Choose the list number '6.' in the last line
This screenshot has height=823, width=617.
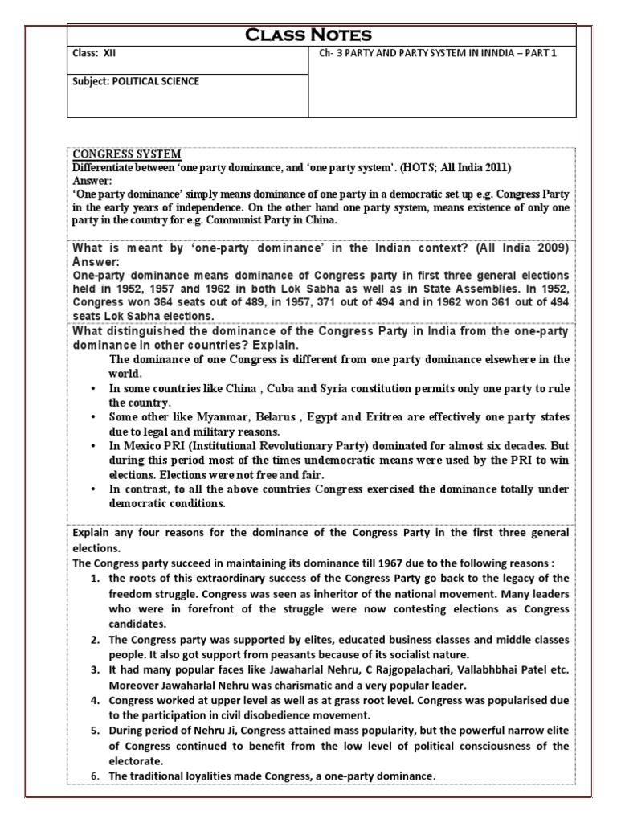point(95,776)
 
